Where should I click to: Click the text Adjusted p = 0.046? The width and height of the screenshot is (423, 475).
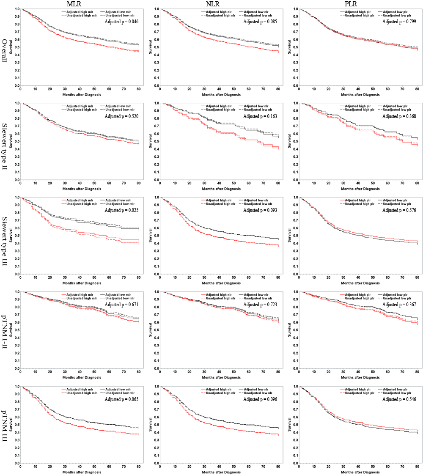click(121, 21)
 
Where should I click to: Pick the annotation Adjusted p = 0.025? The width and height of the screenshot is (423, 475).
click(121, 210)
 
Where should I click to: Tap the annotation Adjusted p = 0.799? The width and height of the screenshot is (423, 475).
click(399, 21)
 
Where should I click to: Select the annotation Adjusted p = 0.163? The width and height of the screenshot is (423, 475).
click(260, 116)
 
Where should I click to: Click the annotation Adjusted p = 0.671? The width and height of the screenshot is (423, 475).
click(121, 305)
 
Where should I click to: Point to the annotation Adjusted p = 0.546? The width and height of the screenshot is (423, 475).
click(399, 399)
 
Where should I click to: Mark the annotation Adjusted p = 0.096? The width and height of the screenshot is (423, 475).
click(260, 399)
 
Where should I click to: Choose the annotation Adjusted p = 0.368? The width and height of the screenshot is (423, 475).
click(399, 116)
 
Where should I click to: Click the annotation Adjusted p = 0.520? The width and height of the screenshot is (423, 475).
click(121, 116)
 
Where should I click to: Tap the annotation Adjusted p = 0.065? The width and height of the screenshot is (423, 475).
click(121, 399)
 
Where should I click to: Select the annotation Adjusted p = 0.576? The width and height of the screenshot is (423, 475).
click(399, 210)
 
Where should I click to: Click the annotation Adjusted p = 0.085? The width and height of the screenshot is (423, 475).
click(260, 21)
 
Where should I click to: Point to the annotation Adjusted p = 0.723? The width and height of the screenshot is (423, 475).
click(260, 305)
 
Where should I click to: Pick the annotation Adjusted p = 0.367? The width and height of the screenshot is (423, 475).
click(399, 305)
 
